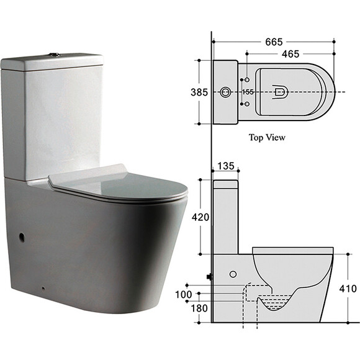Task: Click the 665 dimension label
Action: click(274, 42)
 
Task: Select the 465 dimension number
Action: click(290, 54)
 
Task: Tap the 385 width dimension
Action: click(199, 92)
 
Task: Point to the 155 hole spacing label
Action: click(248, 92)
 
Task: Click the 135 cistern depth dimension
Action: click(226, 166)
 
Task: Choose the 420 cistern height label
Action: click(200, 217)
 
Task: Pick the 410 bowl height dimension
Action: click(348, 289)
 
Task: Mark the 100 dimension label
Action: click(184, 295)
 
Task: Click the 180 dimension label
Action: click(199, 308)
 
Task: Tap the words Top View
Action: click(267, 138)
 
